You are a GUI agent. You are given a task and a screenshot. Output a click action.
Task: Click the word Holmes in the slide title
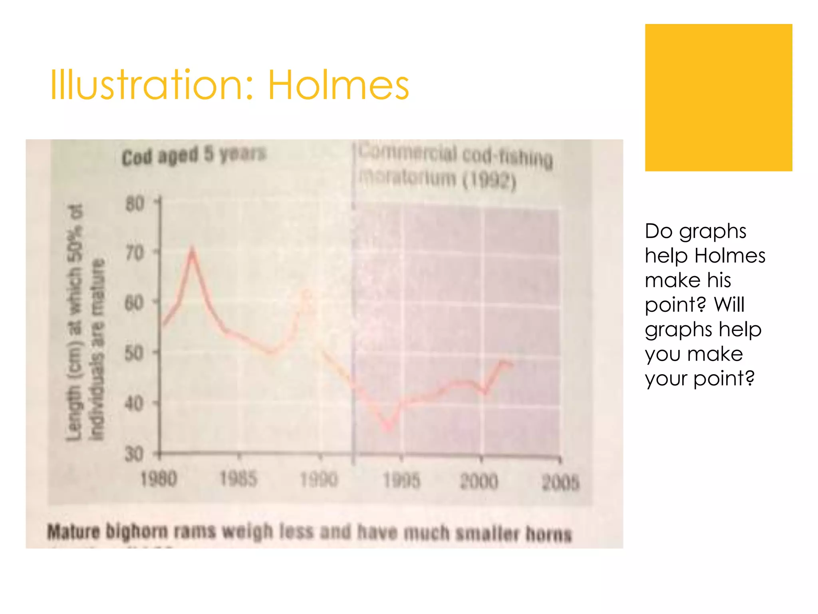pos(338,85)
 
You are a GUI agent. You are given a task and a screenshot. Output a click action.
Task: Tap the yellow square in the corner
pos(718,98)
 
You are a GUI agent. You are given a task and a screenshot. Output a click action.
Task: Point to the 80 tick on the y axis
pos(135,204)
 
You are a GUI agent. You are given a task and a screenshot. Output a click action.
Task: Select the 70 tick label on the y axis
pos(135,253)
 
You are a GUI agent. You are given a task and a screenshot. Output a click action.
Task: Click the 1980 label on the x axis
pos(159,479)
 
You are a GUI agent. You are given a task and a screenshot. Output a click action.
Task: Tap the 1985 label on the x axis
pos(238,478)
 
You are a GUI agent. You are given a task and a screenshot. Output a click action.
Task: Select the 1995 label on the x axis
pos(401,480)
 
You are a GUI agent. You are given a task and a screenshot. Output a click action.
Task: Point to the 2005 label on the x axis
pos(560,483)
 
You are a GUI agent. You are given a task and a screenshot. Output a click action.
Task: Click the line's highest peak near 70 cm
pos(192,251)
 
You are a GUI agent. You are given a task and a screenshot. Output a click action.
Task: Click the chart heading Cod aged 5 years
pos(194,155)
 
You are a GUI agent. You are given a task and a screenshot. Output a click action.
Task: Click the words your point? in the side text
pos(699,378)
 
